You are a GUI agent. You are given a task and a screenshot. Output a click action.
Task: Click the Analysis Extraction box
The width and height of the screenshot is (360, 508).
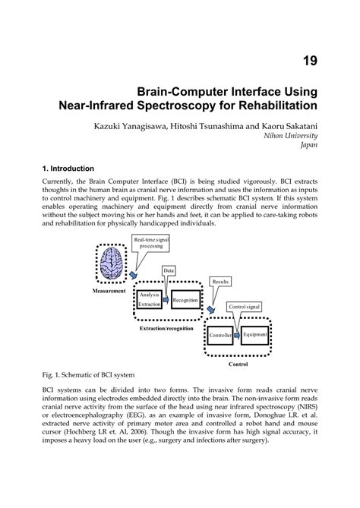pos(149,299)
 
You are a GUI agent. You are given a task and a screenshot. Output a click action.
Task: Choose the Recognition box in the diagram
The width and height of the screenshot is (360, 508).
pos(185,301)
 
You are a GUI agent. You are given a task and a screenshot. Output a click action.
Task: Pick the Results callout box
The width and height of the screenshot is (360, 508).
pos(221,281)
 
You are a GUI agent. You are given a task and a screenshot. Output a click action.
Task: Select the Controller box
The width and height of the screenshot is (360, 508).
pos(221,335)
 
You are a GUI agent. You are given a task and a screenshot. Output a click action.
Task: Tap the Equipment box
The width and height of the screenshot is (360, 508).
pos(254,334)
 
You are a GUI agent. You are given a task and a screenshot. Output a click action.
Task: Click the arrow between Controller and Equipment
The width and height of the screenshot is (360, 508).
pos(238,335)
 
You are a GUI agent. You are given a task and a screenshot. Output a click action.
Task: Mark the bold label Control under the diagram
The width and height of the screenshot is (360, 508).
pos(238,364)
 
